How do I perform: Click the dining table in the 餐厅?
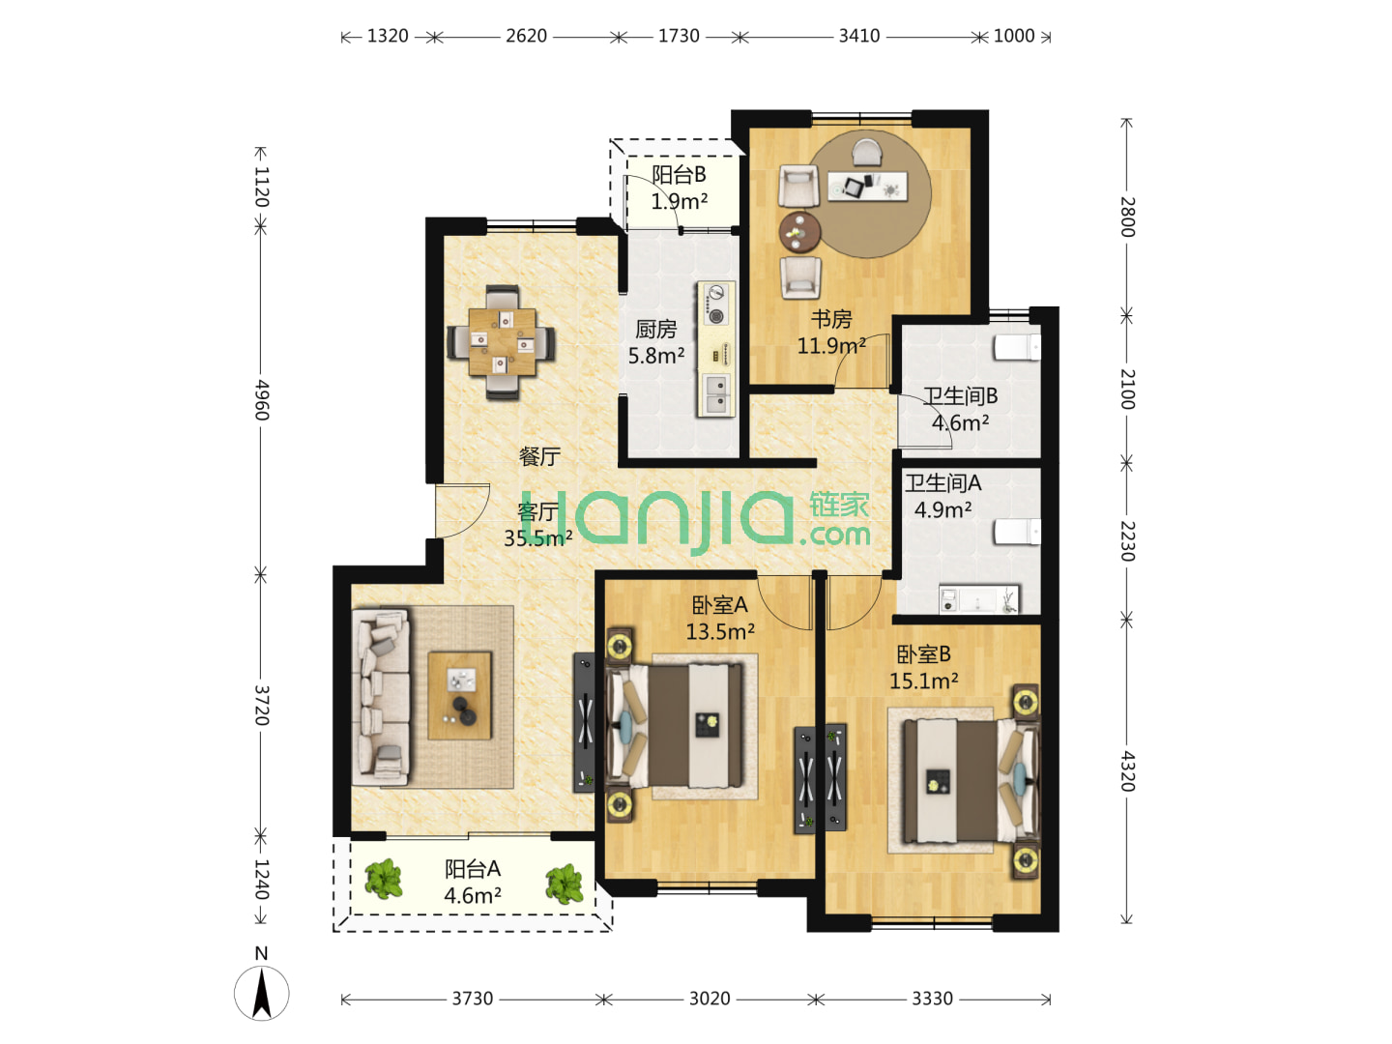pos(502,341)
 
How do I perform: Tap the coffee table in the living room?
pos(459,695)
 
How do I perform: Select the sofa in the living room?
pos(381,698)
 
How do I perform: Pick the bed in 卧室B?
pos(971,780)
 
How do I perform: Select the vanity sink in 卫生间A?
pos(978,599)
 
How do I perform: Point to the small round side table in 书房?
pos(799,233)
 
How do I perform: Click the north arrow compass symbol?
pos(261,993)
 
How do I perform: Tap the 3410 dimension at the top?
pos(859,36)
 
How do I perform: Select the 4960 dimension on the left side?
pos(261,400)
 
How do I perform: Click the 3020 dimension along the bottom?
pos(710,999)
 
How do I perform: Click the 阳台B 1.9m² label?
pos(680,188)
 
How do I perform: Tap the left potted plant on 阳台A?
pos(383,879)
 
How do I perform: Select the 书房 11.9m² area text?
pos(831,333)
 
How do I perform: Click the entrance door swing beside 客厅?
pos(462,511)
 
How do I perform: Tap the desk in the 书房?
pos(867,187)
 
